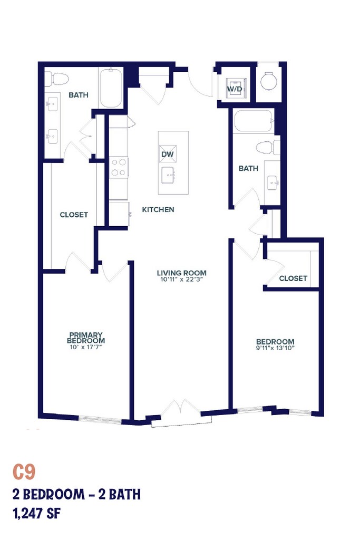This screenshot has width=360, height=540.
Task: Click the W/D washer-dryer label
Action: click(235, 89)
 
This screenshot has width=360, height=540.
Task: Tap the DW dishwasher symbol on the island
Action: click(168, 154)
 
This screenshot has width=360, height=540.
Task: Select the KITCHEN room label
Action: click(158, 209)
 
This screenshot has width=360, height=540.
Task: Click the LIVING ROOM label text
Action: click(182, 273)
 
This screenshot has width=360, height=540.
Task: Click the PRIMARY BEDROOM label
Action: click(86, 337)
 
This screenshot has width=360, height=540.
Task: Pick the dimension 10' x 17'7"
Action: click(86, 347)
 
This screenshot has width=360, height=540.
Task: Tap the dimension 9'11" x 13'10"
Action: click(275, 348)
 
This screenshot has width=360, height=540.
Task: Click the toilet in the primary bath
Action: click(56, 79)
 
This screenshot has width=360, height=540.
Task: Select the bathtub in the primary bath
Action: click(111, 88)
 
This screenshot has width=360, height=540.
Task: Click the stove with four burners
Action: click(119, 167)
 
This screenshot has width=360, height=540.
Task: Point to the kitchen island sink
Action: click(168, 175)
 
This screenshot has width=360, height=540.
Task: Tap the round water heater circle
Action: click(269, 82)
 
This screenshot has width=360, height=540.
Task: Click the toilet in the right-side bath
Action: click(268, 148)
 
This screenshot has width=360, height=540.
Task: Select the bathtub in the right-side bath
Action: click(254, 121)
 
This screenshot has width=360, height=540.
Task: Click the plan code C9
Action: click(24, 472)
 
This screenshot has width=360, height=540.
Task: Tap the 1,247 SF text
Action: click(36, 514)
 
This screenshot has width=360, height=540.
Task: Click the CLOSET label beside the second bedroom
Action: click(293, 278)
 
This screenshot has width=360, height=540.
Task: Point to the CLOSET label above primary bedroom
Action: click(74, 215)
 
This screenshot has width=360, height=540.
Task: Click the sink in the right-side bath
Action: click(273, 181)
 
